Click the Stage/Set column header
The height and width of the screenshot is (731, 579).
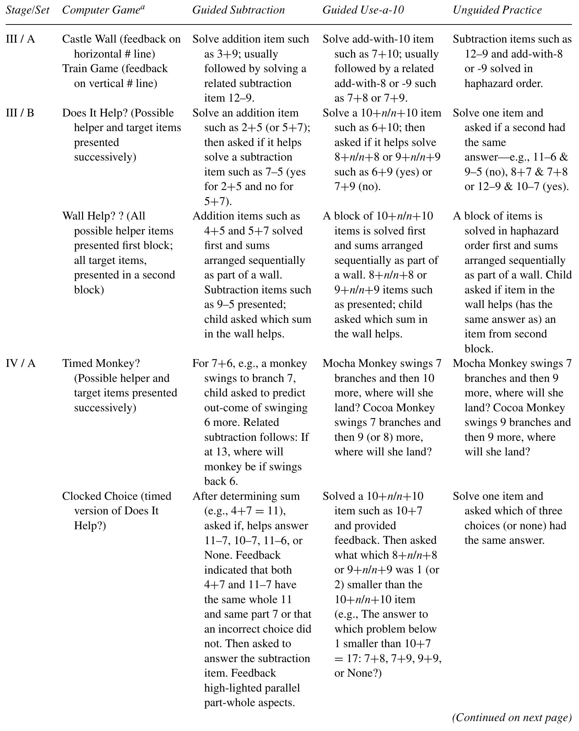coord(27,10)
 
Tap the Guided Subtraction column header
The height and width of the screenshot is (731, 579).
coord(238,10)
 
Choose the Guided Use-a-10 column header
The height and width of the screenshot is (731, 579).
coord(363,10)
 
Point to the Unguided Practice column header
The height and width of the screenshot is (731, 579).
coord(497,10)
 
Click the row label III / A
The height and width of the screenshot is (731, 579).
coord(20,39)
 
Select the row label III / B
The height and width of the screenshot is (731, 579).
coord(20,113)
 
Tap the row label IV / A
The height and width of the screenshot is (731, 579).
coord(21,363)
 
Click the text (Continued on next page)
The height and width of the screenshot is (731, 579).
coord(512,718)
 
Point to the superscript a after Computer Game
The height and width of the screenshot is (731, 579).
coord(142,6)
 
